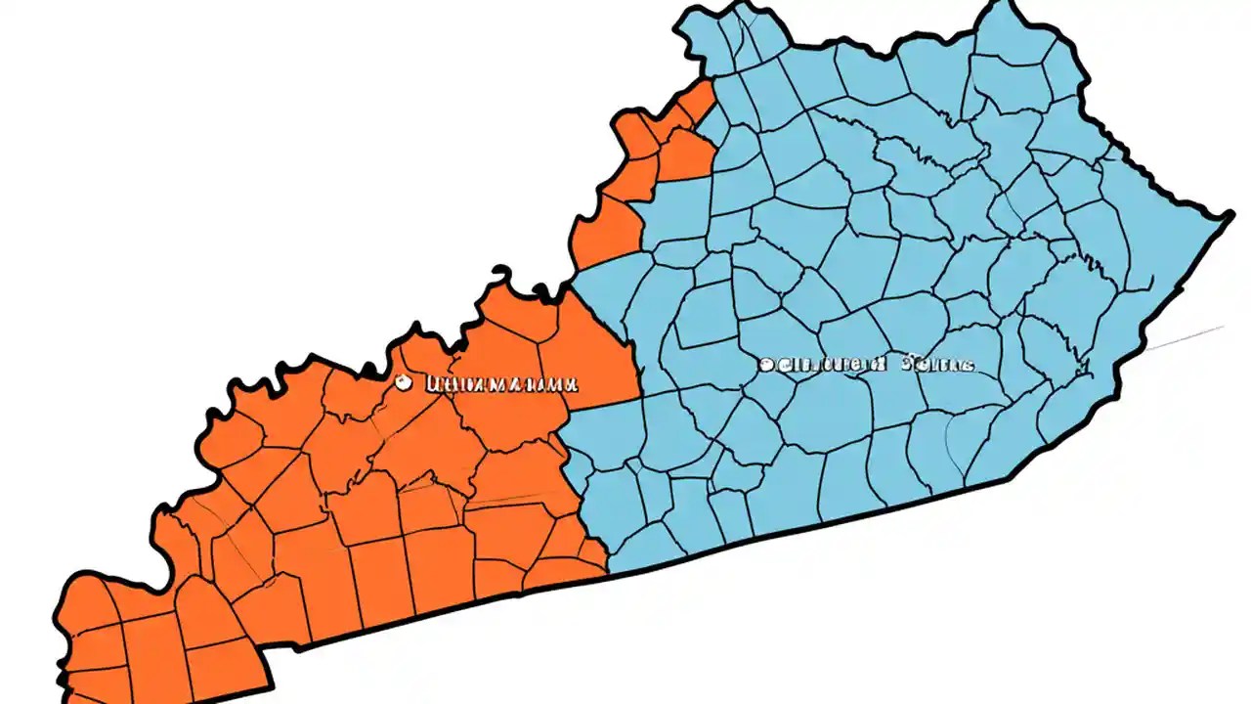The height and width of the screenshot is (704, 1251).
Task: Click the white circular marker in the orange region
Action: (x=401, y=383)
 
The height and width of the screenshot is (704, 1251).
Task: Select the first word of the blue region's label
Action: (x=831, y=365)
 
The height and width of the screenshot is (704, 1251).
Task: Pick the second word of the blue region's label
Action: (x=938, y=365)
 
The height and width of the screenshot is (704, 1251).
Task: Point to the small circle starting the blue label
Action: (x=766, y=365)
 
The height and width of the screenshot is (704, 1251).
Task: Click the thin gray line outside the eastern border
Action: (x=1187, y=338)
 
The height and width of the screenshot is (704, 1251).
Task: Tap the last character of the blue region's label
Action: (x=969, y=365)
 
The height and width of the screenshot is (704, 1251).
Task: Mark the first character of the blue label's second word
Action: (x=906, y=365)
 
